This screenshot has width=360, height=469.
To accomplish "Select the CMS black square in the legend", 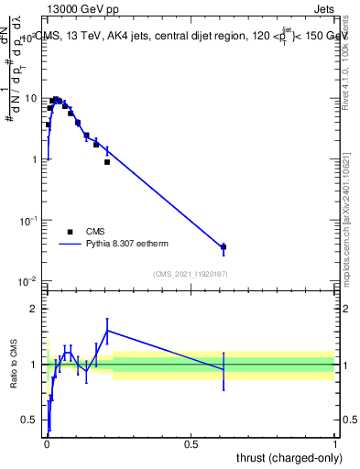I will (x=70, y=233).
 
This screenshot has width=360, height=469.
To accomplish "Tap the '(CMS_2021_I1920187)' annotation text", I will (x=191, y=274).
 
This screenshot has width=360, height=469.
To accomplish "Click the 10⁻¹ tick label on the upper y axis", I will (x=29, y=220).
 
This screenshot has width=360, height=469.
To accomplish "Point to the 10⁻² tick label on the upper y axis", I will (x=29, y=280).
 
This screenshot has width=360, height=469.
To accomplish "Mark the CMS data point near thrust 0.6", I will (x=224, y=247).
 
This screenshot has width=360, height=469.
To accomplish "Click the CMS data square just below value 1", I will (x=107, y=162).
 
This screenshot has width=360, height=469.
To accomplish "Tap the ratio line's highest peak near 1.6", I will (x=107, y=331).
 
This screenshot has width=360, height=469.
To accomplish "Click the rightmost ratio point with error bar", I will (x=224, y=369).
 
